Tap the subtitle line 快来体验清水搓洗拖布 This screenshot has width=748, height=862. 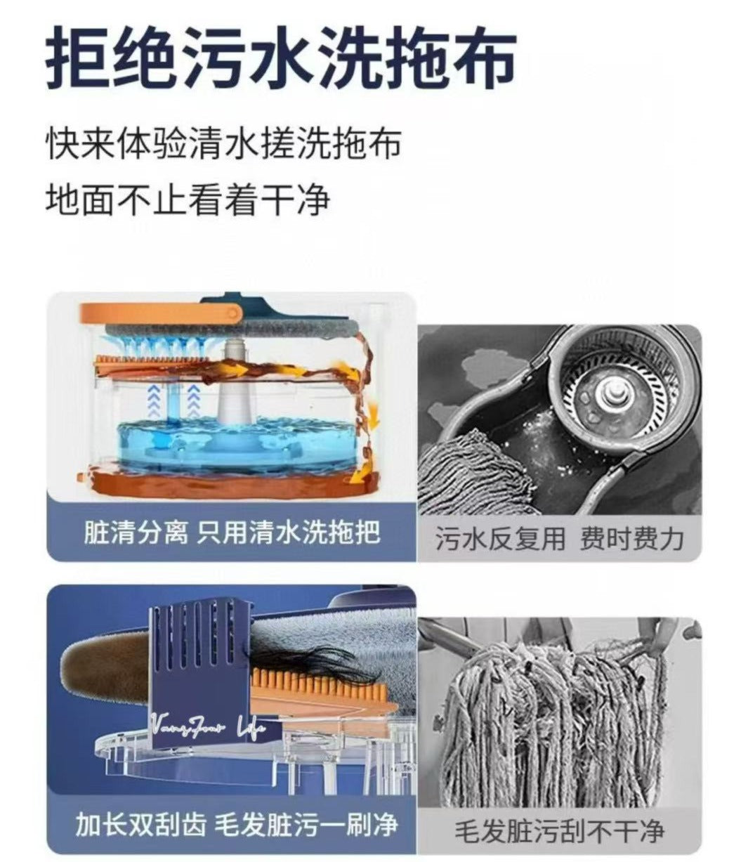point(223,143)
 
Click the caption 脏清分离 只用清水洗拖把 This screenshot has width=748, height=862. point(232,532)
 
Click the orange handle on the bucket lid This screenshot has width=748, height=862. point(161,313)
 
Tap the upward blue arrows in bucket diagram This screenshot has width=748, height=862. point(172,400)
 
